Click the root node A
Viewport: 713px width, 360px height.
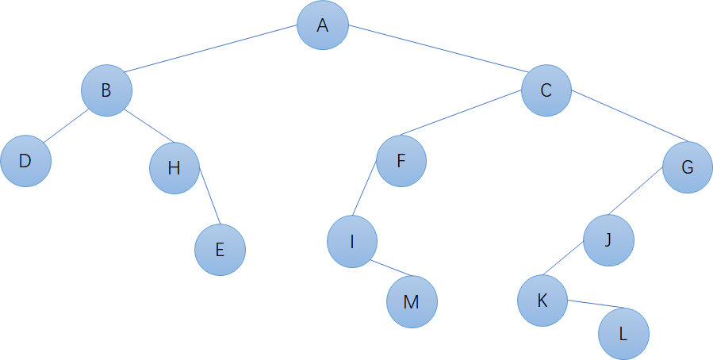323,25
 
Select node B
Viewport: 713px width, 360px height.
106,90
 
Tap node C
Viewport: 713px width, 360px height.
546,90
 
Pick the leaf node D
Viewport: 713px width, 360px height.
25,161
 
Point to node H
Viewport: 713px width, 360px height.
174,168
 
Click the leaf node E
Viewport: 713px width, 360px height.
220,251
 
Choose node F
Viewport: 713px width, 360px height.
401,161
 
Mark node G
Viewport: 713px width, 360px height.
688,167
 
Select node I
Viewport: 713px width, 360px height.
352,241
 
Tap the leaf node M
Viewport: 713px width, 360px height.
412,302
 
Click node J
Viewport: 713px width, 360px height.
608,239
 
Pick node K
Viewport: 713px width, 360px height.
542,301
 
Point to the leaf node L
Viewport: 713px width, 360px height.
623,333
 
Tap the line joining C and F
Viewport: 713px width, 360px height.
460,114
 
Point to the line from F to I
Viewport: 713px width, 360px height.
363,188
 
